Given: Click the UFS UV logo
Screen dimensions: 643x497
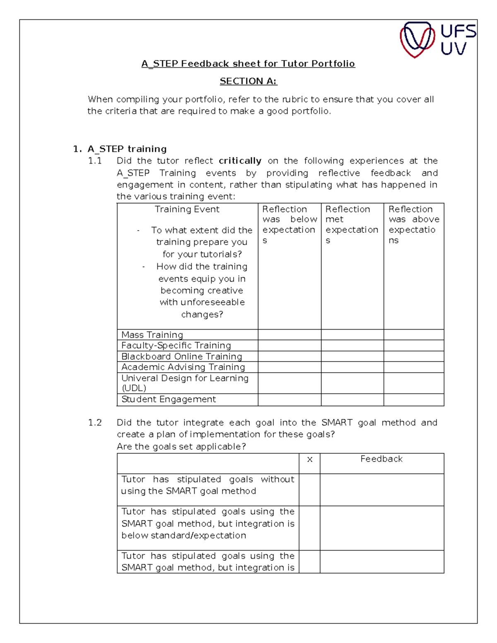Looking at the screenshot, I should click(438, 40).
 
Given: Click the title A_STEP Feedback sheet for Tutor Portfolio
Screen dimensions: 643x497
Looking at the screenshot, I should click(248, 63).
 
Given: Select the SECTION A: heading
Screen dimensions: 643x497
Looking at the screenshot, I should click(248, 81).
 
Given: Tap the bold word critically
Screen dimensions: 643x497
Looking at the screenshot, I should click(240, 161).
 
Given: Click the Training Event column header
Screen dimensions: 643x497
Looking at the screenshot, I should click(187, 209).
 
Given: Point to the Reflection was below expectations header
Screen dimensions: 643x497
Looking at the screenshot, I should click(289, 224).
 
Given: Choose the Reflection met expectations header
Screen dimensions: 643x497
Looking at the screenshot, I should click(352, 224).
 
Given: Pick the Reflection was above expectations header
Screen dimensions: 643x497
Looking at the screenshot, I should click(413, 224).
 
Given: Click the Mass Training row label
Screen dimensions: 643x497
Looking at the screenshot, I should click(152, 335).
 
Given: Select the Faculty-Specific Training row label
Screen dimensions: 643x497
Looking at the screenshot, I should click(176, 345).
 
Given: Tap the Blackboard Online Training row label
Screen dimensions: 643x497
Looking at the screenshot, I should click(181, 356).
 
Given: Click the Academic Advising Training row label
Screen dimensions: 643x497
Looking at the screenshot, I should click(183, 367).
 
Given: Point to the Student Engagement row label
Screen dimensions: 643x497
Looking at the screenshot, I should click(169, 399).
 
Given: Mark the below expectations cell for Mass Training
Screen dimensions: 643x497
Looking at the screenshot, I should click(289, 335).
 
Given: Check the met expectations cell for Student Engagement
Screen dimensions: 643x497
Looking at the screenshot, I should click(352, 400).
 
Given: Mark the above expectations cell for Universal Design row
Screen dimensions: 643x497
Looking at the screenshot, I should click(413, 383).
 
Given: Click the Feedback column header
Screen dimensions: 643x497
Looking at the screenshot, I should click(381, 459).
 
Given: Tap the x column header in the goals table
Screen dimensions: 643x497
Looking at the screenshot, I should click(309, 459).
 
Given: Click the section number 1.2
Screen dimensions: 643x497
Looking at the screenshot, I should click(95, 422).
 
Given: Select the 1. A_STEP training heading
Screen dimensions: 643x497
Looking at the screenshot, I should click(120, 149).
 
